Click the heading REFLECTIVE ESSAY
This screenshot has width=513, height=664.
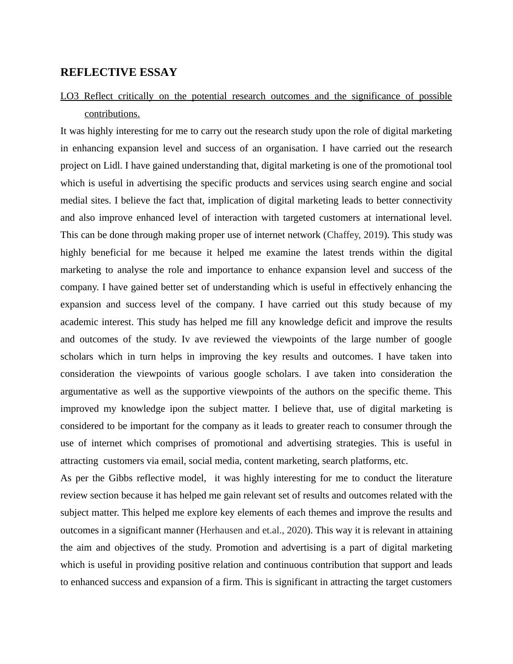click(119, 72)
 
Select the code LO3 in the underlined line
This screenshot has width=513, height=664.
click(69, 96)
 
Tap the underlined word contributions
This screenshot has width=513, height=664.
click(112, 114)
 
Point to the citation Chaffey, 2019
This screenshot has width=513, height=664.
click(355, 235)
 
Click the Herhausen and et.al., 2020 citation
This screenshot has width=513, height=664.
click(253, 530)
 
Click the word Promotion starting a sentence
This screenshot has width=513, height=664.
click(236, 548)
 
